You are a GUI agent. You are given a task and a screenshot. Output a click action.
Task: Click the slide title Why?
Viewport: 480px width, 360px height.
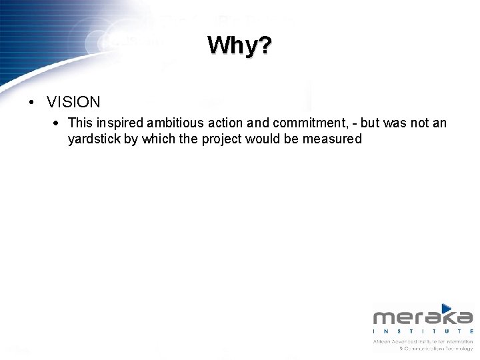239,46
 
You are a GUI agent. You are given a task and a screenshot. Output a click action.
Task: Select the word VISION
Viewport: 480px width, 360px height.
73,102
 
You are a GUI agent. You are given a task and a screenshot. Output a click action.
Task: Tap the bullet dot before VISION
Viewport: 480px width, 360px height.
31,103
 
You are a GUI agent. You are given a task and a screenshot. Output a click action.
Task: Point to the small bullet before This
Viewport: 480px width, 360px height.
59,123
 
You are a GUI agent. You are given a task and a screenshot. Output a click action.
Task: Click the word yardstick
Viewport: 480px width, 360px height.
93,139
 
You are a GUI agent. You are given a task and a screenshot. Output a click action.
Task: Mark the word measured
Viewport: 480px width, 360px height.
332,139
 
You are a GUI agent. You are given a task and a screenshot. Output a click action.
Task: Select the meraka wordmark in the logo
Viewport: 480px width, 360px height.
423,318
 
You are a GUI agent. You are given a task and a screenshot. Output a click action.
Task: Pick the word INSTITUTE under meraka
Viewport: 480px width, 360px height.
423,331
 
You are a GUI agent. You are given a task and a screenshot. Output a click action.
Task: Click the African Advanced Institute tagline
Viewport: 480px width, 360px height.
423,341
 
